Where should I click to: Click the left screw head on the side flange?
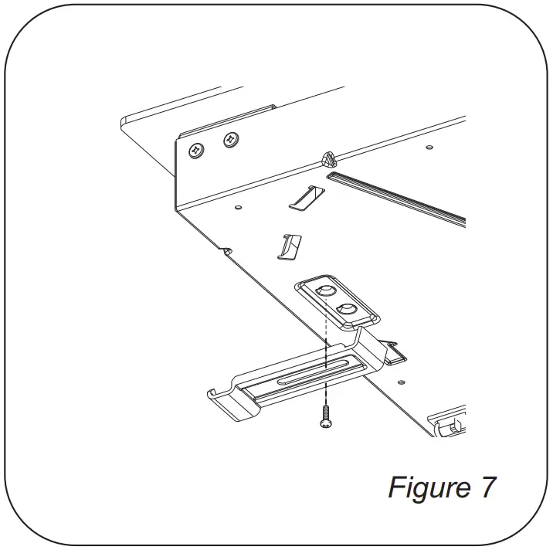point(195,149)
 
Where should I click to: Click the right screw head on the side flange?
point(229,140)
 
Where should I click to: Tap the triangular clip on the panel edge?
point(327,159)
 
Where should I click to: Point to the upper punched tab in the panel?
point(303,198)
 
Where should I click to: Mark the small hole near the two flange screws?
point(238,206)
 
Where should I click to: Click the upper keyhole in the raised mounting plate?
point(324,291)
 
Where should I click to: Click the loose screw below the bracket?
point(326,418)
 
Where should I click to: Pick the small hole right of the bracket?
point(401,382)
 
